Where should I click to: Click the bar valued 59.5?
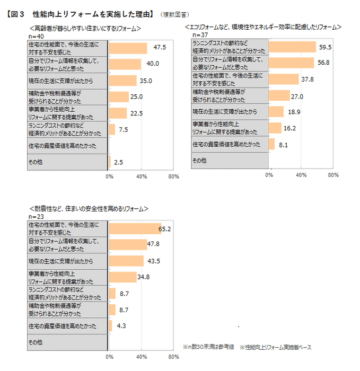pos(292,47)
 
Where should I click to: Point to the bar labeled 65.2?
pos(135,228)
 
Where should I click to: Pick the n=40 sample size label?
pos(35,36)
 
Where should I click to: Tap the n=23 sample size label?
pos(35,217)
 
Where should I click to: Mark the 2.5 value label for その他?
pos(118,162)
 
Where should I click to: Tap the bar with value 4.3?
pos(110,326)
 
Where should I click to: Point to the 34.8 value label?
pos(144,277)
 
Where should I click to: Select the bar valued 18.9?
pos(276,112)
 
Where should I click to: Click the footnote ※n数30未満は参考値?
pos(208,347)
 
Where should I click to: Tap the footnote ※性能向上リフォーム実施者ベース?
pos(275,347)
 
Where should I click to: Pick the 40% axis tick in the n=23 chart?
pos(141,357)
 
